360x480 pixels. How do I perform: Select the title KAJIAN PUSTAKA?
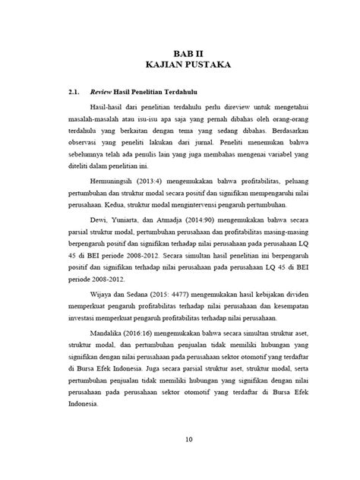click(179, 66)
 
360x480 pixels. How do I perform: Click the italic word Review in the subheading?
click(102, 94)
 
